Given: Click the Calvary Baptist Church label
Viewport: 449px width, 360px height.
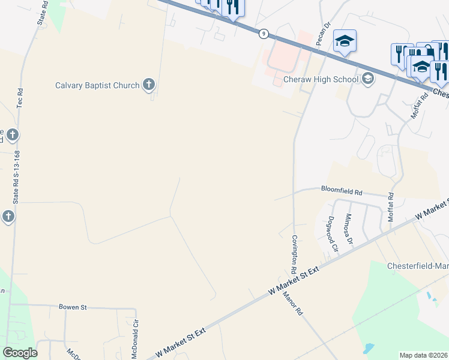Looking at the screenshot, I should [x=97, y=85].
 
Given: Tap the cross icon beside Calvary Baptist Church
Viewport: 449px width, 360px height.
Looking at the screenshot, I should [x=148, y=85].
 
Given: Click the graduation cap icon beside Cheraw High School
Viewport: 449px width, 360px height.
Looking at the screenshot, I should [x=367, y=79].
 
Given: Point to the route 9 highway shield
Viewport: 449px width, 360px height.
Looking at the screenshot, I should [x=264, y=34].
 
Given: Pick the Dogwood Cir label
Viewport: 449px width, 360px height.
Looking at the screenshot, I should [x=330, y=235].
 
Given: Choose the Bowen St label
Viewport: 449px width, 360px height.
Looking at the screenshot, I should [x=73, y=307].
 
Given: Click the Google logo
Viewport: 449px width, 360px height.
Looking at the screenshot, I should [x=20, y=352].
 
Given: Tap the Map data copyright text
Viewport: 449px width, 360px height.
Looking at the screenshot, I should [x=424, y=355].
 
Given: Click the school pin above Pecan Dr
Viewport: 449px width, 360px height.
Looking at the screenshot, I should [x=345, y=41].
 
